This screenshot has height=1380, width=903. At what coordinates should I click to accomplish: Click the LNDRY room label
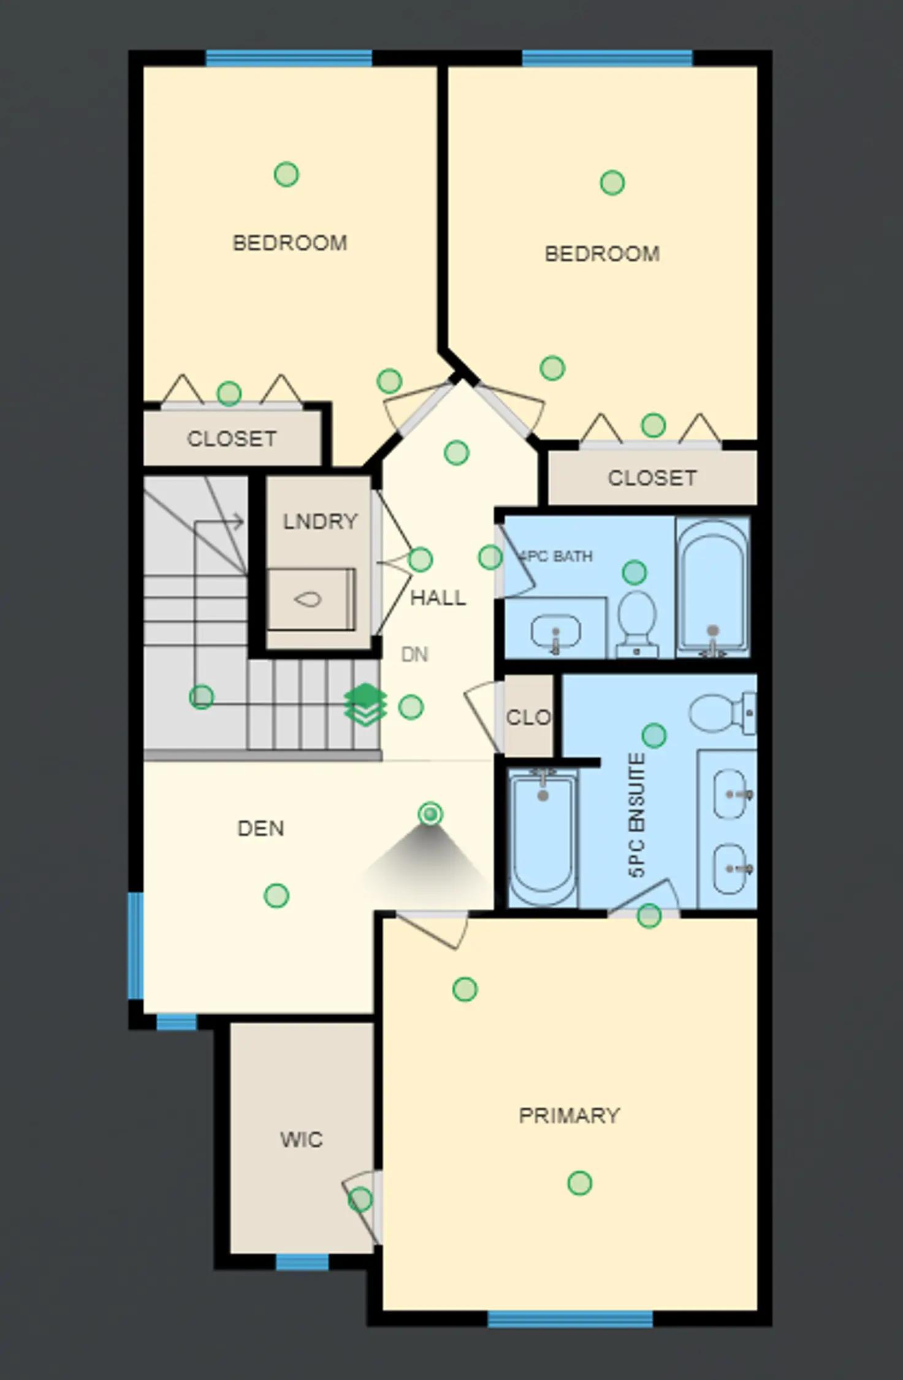coord(320,521)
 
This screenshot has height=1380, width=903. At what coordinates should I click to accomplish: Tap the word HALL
coord(438,597)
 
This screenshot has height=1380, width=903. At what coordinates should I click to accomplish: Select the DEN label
coord(261,829)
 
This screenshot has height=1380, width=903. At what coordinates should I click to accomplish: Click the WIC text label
coord(301,1140)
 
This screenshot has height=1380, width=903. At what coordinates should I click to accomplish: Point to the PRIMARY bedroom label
coord(570,1115)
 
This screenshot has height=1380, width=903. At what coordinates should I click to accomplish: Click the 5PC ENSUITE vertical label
coord(637,815)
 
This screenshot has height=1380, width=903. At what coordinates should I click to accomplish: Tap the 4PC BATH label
coord(555,556)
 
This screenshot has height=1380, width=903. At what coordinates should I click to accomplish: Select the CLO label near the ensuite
coord(528,717)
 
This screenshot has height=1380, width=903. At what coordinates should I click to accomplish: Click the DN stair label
coord(414,655)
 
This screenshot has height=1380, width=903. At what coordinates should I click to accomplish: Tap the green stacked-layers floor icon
coord(365,705)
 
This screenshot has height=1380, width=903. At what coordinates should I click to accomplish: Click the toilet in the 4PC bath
coord(636,623)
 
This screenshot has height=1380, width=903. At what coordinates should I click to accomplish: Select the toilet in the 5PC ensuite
coord(723,713)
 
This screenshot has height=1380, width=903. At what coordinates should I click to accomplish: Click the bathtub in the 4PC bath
coord(712,588)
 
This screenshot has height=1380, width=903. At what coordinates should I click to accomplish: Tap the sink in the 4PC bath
coord(555,632)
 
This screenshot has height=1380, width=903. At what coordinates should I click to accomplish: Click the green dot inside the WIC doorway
coord(360,1199)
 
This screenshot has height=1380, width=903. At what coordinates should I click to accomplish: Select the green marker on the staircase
coord(201,697)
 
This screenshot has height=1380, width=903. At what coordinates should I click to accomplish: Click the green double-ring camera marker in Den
coord(430,815)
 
